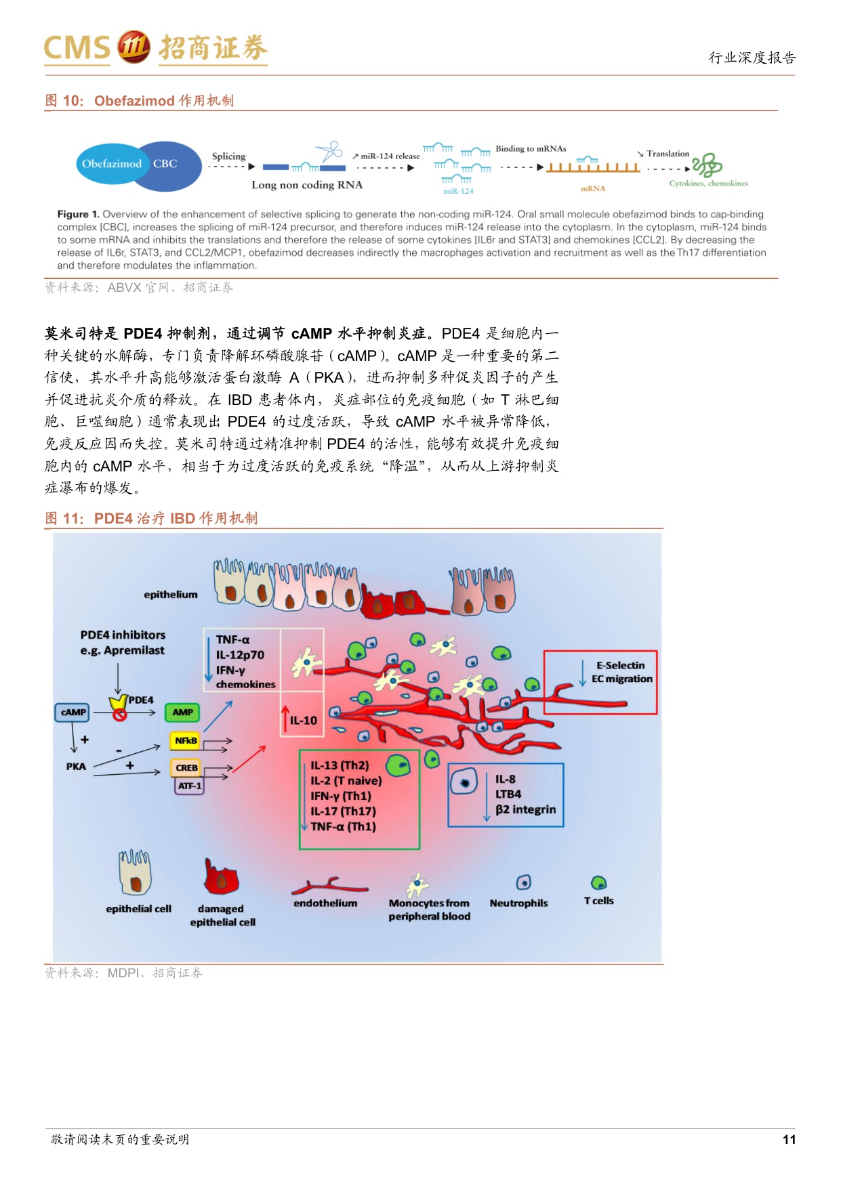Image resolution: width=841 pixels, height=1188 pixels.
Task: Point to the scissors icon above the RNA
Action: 329,150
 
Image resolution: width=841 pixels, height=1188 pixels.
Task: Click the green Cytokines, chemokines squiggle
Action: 707,165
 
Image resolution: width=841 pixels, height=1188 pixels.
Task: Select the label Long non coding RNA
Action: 307,185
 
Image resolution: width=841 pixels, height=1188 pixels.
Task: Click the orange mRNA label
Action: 593,188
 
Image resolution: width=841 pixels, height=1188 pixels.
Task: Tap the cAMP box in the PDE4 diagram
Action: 73,713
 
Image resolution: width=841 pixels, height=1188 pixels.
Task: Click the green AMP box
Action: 182,713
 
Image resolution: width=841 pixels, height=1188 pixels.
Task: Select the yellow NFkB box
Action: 186,741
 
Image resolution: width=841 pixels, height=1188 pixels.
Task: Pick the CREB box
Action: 186,768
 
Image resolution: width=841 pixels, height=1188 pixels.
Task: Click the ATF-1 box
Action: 189,786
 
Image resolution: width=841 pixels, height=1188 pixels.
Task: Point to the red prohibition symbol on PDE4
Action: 120,714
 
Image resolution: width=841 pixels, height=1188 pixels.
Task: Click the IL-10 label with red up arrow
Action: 302,721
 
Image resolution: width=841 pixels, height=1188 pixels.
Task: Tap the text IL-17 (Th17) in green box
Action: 343,811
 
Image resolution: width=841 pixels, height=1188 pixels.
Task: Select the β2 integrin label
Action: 525,809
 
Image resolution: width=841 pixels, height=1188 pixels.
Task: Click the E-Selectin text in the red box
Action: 620,665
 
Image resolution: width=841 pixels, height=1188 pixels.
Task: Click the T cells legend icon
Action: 598,883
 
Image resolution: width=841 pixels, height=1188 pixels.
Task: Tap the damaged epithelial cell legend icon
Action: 222,878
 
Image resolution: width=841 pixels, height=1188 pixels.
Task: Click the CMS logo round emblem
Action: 134,47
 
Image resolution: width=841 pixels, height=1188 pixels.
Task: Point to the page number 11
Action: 789,1139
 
